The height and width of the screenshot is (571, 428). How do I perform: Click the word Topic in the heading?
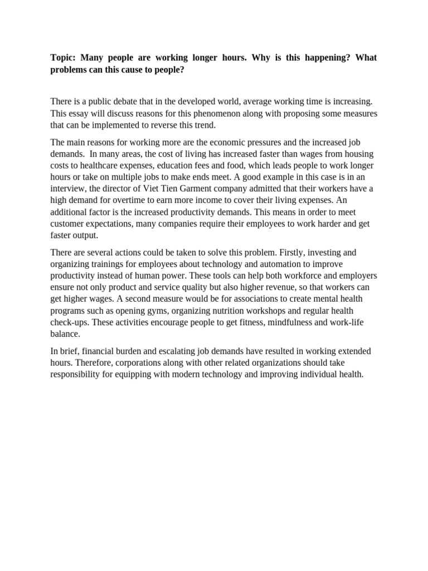click(64, 58)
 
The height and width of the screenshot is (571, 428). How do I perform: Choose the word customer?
click(68, 224)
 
